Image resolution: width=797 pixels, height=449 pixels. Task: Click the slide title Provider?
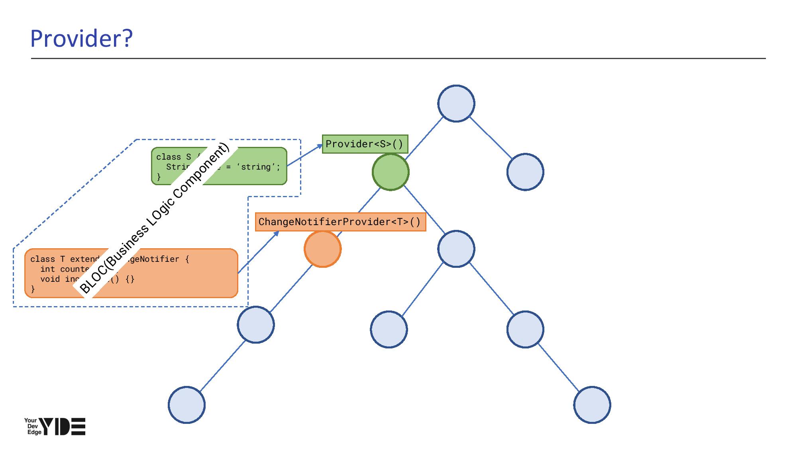[x=81, y=39]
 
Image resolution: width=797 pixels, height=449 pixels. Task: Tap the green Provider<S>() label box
[x=365, y=144]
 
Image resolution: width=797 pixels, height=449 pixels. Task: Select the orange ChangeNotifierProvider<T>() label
[x=340, y=222]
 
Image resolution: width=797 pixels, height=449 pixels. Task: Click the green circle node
[x=391, y=172]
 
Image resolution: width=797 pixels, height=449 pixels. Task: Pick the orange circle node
[x=322, y=249]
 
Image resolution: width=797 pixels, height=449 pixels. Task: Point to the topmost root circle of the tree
[x=456, y=103]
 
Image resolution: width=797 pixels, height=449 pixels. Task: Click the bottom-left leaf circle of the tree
[x=186, y=405]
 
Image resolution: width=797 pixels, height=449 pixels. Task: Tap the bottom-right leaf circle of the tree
[x=592, y=405]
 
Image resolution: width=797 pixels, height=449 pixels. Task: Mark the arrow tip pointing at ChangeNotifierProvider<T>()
[x=278, y=232]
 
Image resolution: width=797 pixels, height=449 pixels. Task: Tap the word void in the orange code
[x=50, y=279]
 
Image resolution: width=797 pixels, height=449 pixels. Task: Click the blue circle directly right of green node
[x=525, y=172]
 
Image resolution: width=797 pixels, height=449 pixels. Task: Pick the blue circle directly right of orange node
[x=456, y=249]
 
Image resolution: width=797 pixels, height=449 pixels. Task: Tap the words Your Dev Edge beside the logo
[x=32, y=426]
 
